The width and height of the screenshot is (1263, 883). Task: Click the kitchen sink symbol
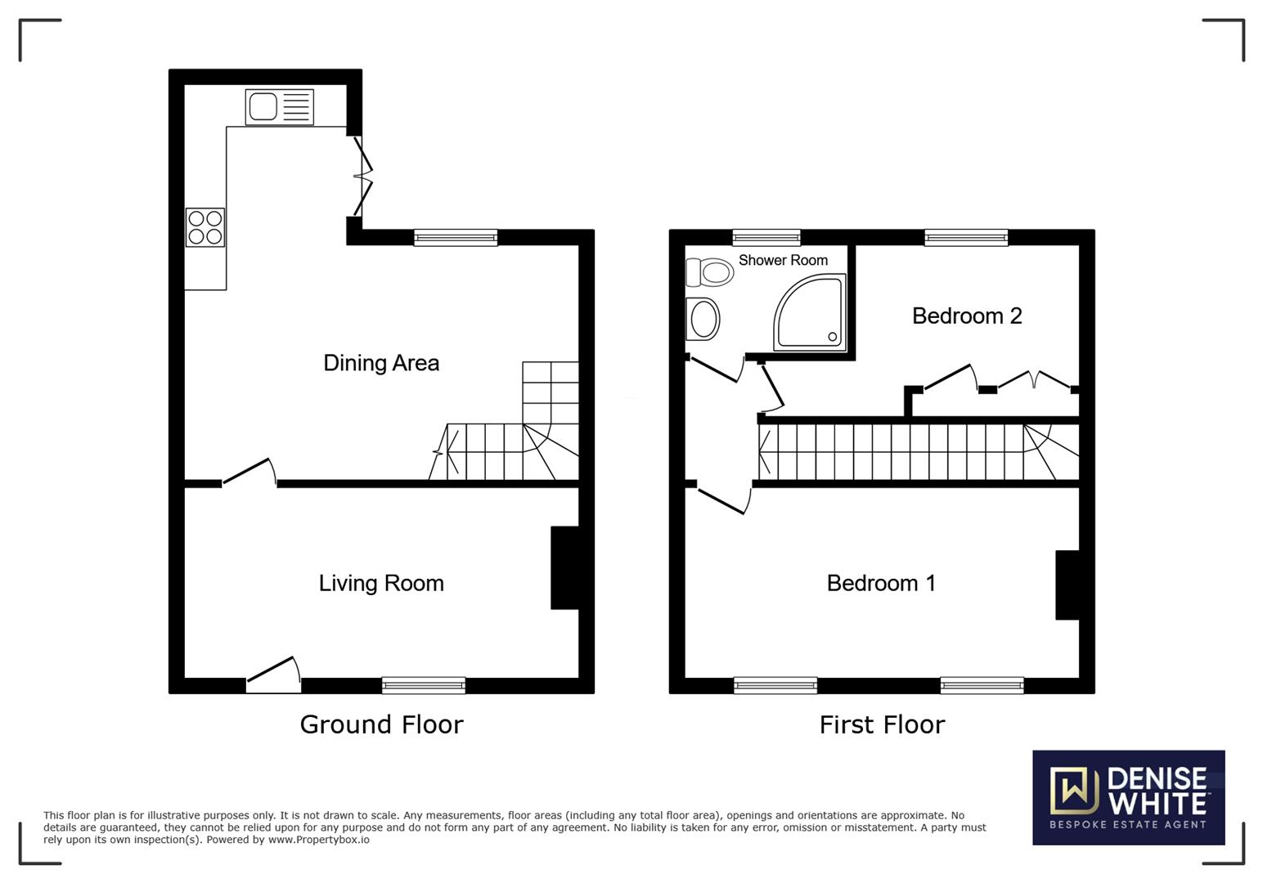pos(279,107)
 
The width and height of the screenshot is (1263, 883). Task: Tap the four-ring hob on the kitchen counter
pos(205,227)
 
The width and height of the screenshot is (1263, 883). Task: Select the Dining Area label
pos(381,363)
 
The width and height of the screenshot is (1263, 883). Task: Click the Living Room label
pos(381,583)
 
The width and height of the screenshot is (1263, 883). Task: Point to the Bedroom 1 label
pos(881,583)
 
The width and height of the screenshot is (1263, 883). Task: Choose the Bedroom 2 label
pos(967,316)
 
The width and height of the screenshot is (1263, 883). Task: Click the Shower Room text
pos(783,260)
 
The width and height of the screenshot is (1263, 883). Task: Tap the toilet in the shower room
pos(710,272)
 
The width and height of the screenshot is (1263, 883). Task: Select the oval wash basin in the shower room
pos(703,318)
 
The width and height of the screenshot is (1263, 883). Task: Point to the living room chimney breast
pos(565,567)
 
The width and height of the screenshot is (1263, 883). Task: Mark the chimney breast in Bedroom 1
pos(1067,585)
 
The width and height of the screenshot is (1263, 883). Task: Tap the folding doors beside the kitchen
pos(362,176)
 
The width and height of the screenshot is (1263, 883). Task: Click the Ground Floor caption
pos(381,724)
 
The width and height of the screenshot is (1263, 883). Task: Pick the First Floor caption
pos(882,724)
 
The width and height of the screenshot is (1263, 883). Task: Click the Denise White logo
pos(1128,797)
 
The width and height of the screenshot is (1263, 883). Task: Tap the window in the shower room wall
pos(766,238)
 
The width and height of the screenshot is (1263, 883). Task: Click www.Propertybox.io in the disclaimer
pos(318,840)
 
